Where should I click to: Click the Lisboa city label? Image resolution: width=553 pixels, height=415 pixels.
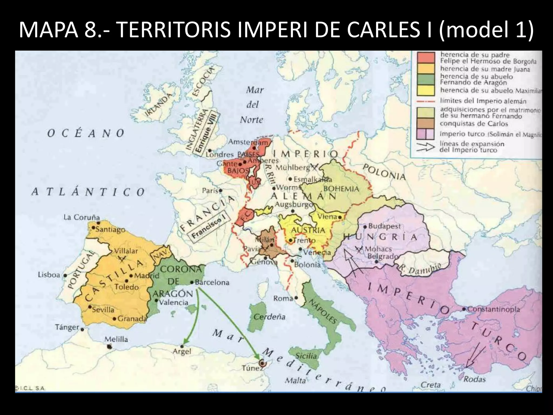[49, 275]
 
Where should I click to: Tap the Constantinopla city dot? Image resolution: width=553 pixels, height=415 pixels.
[464, 309]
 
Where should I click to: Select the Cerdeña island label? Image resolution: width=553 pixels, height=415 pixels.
[269, 317]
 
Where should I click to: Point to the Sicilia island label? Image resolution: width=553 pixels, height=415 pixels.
[306, 356]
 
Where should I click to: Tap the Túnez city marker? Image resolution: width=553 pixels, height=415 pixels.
[261, 363]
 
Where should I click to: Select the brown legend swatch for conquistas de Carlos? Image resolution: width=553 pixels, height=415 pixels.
[426, 123]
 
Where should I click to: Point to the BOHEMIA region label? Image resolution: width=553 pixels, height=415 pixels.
[341, 189]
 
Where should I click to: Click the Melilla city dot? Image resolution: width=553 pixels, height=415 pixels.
[109, 347]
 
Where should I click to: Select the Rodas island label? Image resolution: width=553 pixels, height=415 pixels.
[474, 379]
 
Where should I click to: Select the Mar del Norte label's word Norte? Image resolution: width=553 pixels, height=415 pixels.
[251, 119]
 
